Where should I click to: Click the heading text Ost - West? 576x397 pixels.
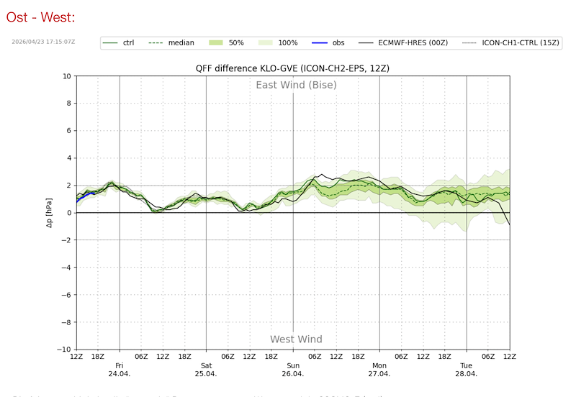tap(40, 16)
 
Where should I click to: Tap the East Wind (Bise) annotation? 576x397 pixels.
tap(296, 85)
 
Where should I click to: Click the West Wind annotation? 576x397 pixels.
tap(296, 339)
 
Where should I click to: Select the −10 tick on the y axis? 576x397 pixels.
tap(65, 350)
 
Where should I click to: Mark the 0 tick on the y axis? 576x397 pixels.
tap(69, 213)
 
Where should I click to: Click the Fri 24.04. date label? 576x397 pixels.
tap(119, 370)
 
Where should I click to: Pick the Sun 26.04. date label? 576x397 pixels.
tap(292, 370)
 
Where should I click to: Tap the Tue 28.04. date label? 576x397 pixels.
tap(467, 370)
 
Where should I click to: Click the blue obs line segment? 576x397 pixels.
tap(86, 194)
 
